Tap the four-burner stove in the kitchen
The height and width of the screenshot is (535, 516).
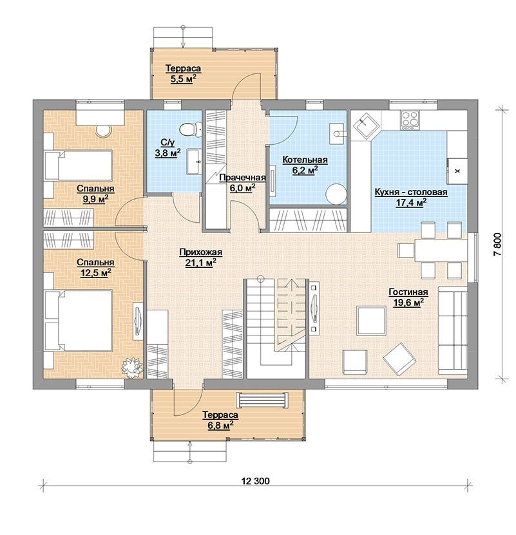pos(410,120)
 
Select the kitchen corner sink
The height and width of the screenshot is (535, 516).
pos(365,126)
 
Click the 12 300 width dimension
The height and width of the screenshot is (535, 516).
pos(256,481)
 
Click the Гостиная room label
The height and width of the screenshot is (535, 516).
pos(408,292)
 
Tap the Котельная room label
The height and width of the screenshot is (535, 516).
pos(305,160)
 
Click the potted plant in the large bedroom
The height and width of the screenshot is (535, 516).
pos(132,367)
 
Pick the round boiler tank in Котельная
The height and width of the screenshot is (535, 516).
pos(336,194)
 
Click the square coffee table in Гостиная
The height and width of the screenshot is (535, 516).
pos(371,321)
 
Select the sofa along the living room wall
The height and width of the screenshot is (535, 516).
pos(453,330)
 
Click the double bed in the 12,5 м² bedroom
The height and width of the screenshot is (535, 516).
pos(78,321)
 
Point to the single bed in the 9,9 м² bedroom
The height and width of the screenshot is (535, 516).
pos(78,165)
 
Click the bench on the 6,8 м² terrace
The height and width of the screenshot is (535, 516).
pos(262,400)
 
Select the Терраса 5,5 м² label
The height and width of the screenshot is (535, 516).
pos(184,73)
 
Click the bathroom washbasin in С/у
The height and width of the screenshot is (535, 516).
pos(194,162)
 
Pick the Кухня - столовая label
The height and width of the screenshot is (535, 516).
pos(411,192)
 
